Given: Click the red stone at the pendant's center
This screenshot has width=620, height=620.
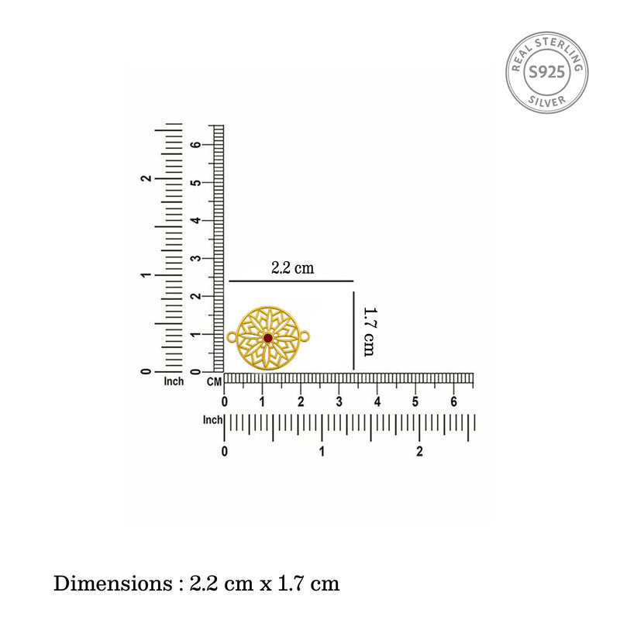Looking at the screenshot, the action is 267,338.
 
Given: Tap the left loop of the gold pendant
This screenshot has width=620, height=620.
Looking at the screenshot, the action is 232,337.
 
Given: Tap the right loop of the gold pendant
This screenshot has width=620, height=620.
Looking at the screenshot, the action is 305,337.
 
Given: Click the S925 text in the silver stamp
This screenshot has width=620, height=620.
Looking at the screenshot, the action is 547,72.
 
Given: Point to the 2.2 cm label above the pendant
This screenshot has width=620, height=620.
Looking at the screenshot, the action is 293,268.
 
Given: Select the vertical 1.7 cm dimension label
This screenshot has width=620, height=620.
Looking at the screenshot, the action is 370,332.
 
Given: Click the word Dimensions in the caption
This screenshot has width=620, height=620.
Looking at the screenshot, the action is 113,584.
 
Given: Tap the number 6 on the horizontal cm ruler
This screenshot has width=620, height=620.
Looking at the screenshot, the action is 453,401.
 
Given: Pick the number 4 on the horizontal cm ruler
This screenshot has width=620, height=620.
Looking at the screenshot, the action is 377,401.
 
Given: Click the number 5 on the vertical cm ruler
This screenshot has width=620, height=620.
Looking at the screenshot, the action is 195,183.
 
